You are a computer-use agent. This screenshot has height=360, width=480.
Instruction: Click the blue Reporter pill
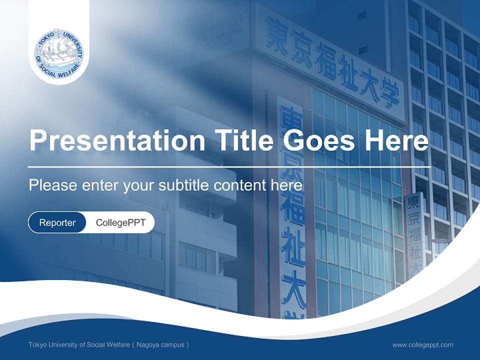pos(57,222)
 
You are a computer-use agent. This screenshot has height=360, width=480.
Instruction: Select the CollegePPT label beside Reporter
pos(120,222)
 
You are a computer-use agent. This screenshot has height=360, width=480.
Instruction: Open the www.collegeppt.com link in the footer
pos(422,344)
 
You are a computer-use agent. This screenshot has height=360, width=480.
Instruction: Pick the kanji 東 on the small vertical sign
pos(413,202)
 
